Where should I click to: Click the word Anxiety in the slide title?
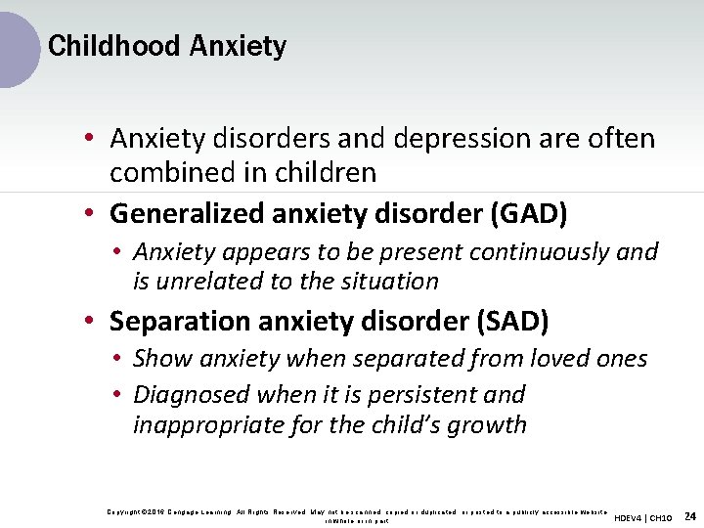[x=239, y=46]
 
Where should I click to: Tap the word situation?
[x=390, y=282]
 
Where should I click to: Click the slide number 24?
[x=689, y=515]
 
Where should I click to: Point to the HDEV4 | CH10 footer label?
[x=643, y=516]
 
